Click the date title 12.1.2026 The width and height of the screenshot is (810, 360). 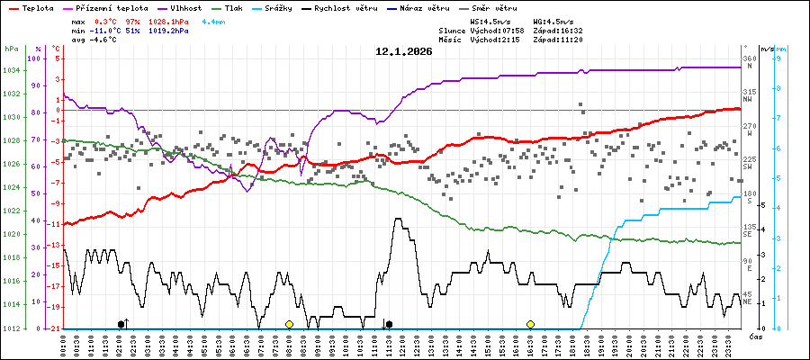(x=404, y=51)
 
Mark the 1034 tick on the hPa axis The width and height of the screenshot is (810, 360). (x=12, y=70)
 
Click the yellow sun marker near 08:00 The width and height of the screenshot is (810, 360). (x=289, y=324)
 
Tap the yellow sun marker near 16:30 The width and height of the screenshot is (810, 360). (x=530, y=324)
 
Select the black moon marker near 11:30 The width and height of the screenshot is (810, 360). (x=389, y=324)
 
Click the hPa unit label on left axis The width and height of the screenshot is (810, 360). (x=12, y=49)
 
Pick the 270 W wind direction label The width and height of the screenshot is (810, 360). (x=749, y=130)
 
